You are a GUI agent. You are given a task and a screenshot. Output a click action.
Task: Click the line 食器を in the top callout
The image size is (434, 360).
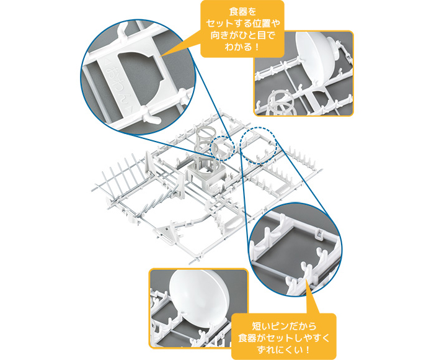pos(242,12)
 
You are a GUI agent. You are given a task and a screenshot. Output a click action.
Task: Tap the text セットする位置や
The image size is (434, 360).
pos(242,24)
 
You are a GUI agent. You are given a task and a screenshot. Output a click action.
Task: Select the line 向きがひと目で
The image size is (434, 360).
pos(242,35)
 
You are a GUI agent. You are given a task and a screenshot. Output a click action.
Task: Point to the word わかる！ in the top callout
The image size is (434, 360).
pos(242,47)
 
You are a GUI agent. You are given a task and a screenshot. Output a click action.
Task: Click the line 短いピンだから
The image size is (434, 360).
pos(284,326)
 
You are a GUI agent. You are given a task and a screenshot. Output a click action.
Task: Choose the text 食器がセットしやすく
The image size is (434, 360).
pos(284,338)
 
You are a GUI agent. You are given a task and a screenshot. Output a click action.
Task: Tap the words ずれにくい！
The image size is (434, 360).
pos(284,349)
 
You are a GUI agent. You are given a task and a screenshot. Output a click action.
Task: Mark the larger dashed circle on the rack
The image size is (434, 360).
pos(259,146)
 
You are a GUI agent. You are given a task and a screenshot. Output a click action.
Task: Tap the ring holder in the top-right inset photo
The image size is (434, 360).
pos(280,103)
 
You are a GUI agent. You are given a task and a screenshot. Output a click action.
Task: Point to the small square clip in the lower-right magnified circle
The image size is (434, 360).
pos(319,236)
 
